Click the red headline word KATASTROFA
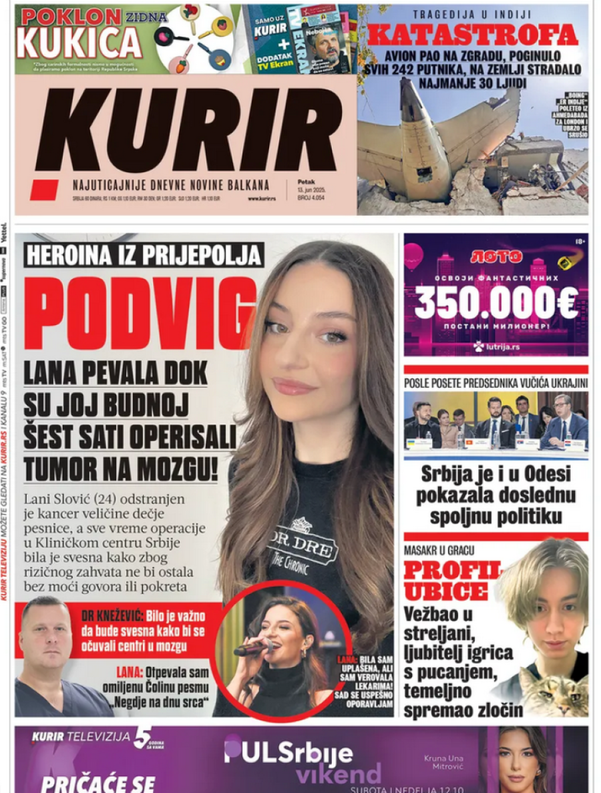point(473,34)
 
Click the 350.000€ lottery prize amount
point(495,304)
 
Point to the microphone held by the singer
point(252,647)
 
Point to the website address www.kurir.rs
point(262,198)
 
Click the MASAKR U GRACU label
point(440,552)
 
